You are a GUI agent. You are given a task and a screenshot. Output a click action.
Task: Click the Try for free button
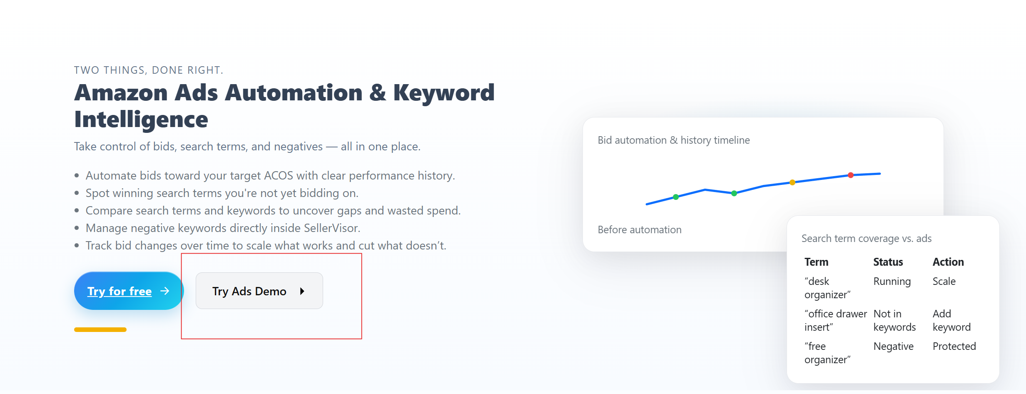(x=129, y=291)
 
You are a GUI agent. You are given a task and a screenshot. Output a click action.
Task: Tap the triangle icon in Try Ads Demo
(x=302, y=291)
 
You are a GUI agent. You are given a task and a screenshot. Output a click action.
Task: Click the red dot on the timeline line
(x=851, y=175)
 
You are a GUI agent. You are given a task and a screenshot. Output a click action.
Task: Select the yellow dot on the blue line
(x=792, y=182)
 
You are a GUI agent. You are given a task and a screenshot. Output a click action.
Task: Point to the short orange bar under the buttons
(x=100, y=329)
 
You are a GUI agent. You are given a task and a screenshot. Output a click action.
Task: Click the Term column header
(x=816, y=262)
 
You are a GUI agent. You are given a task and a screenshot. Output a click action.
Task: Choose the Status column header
(x=888, y=262)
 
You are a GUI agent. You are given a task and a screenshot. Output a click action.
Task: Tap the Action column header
(x=948, y=262)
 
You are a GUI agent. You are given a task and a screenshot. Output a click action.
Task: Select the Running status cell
(x=892, y=282)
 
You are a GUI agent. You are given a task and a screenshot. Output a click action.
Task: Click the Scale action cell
(x=944, y=282)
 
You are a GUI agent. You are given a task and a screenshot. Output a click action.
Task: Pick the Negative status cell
(x=894, y=347)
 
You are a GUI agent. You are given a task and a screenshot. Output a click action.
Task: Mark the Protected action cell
(x=954, y=347)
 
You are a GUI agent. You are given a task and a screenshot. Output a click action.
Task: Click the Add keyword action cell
(x=951, y=320)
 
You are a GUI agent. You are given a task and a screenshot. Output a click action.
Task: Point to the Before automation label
(x=640, y=230)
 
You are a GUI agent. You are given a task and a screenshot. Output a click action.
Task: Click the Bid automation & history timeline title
(x=674, y=140)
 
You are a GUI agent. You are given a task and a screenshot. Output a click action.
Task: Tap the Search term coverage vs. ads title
(x=867, y=239)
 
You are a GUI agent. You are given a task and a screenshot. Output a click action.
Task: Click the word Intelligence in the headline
(x=141, y=120)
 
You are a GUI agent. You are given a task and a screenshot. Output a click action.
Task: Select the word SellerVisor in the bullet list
(x=331, y=228)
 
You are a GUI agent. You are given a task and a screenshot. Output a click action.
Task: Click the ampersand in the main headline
(x=378, y=92)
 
